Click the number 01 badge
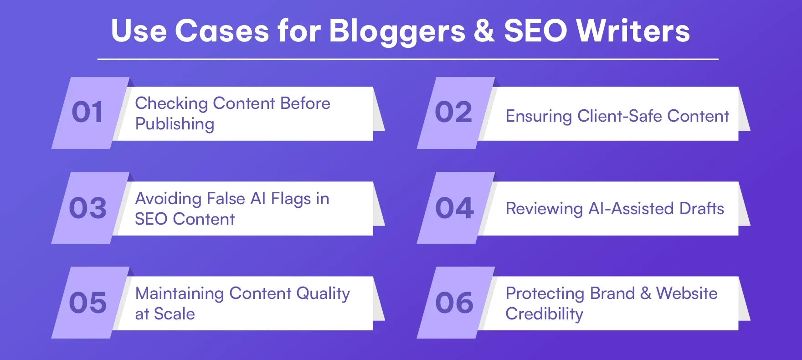[87, 113]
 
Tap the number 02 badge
[453, 113]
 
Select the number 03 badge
[87, 208]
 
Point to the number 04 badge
[454, 208]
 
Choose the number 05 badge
[87, 303]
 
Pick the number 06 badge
[454, 303]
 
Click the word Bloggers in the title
[397, 32]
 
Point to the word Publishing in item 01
[175, 124]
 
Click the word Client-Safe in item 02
[619, 116]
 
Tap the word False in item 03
[226, 199]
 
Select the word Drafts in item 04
[701, 209]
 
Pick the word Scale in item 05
[174, 314]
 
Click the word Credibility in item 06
[544, 314]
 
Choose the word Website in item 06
[686, 293]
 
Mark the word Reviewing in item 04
[544, 209]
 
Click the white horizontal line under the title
[408, 59]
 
